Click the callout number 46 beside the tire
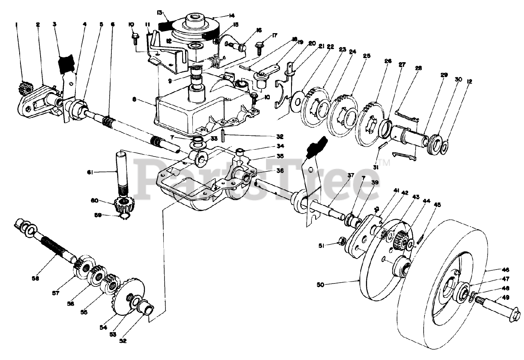(x=506, y=270)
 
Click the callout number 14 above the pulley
(x=232, y=16)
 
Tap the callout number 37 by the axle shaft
(x=350, y=175)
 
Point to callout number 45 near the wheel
(x=438, y=205)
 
